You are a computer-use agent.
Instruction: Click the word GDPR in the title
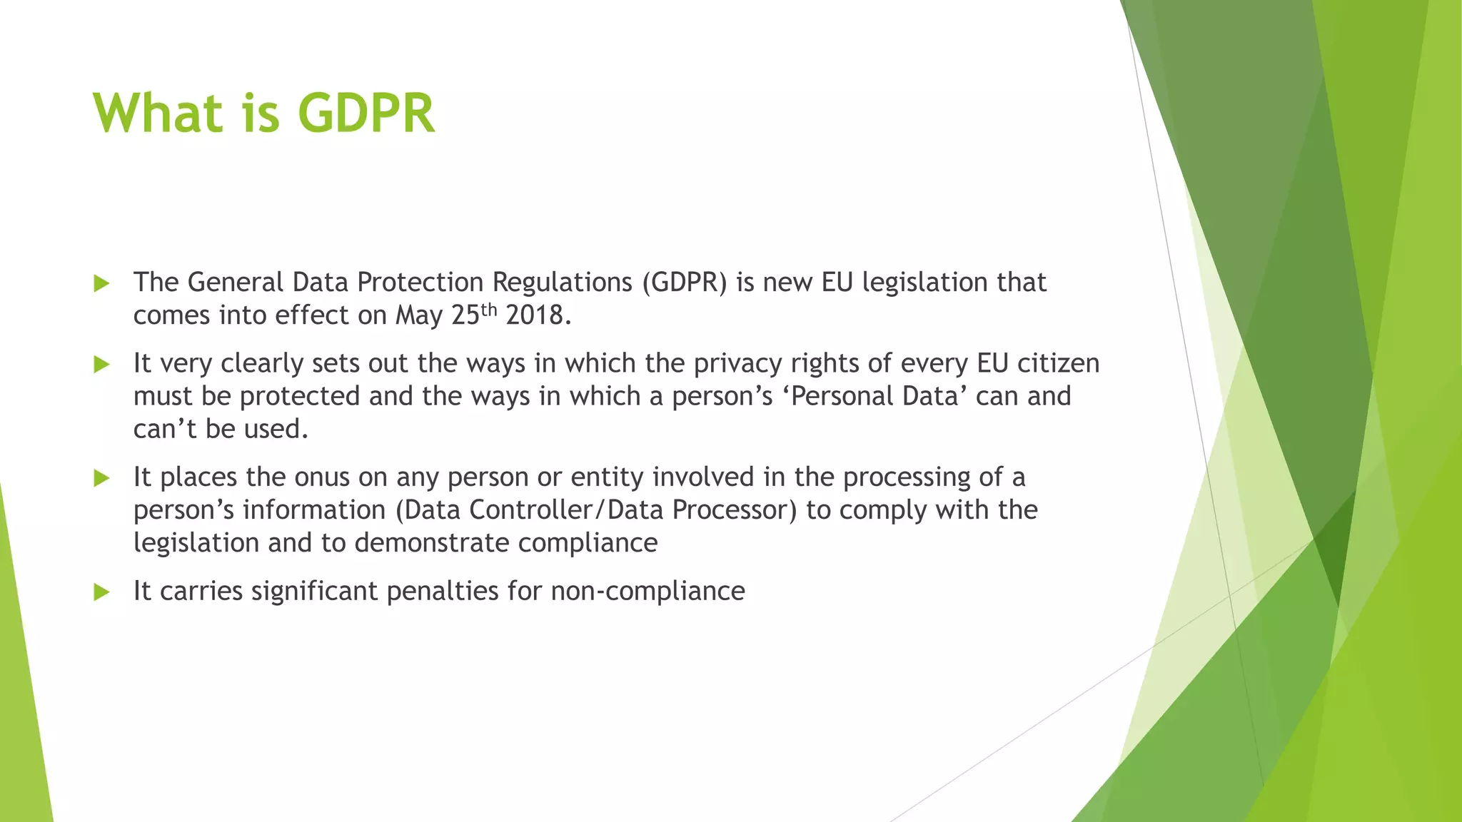(365, 113)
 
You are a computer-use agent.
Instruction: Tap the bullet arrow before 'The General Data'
(101, 283)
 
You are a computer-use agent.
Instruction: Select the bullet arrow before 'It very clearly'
(101, 365)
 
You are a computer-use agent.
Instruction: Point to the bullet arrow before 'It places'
(101, 478)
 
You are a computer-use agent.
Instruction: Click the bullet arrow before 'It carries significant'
(101, 592)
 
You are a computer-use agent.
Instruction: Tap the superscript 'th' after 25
(488, 309)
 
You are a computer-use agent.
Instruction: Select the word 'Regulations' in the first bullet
(562, 283)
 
